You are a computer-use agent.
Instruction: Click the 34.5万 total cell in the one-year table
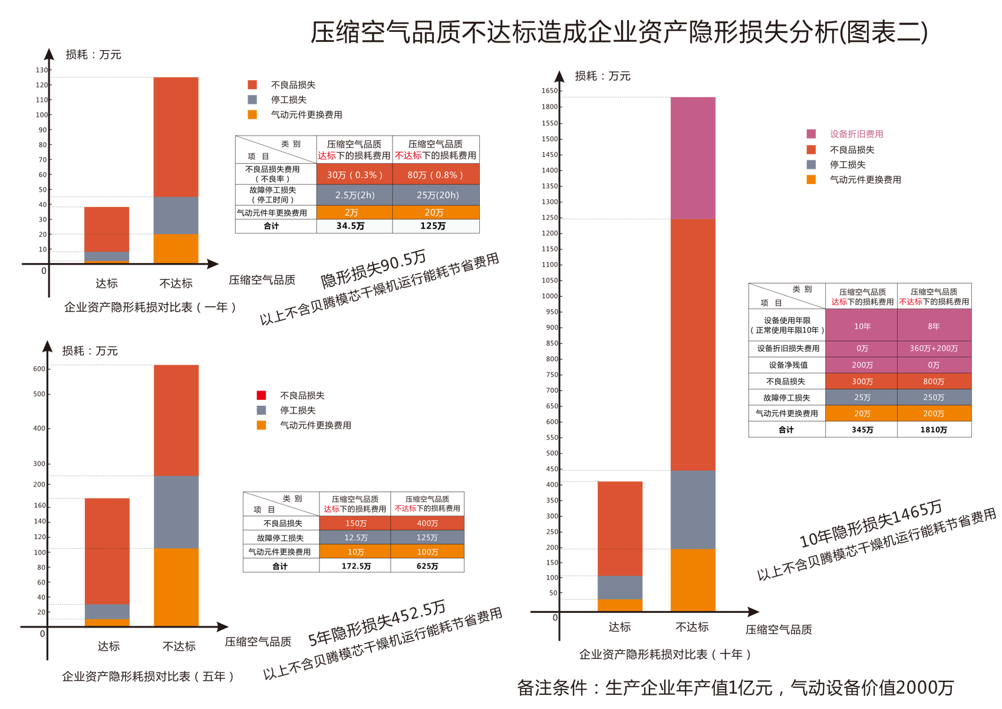tap(351, 226)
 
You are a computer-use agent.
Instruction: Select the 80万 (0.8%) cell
tap(436, 175)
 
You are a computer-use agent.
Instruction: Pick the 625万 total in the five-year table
tap(427, 566)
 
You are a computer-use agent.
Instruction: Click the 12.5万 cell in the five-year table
tap(355, 537)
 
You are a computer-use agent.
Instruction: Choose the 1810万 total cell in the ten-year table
tap(934, 429)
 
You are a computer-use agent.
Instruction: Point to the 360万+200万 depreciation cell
tap(934, 348)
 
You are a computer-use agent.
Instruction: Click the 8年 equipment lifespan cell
tap(934, 326)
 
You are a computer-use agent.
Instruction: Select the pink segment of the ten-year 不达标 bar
tap(693, 158)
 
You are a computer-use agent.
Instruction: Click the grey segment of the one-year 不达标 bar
tap(176, 215)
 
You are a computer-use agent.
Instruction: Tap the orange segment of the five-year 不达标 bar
tap(176, 587)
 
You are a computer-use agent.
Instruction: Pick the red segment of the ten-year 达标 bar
tap(619, 528)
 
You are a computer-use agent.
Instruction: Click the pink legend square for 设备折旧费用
tap(812, 134)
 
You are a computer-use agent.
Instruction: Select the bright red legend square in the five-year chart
tap(262, 395)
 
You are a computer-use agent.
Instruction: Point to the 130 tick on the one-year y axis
tap(42, 70)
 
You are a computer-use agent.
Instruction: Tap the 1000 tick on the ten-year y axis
tap(549, 296)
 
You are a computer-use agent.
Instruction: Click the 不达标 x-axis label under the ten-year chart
tap(692, 626)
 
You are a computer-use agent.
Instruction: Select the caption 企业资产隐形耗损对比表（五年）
tap(148, 676)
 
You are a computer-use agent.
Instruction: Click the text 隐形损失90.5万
tap(373, 268)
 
